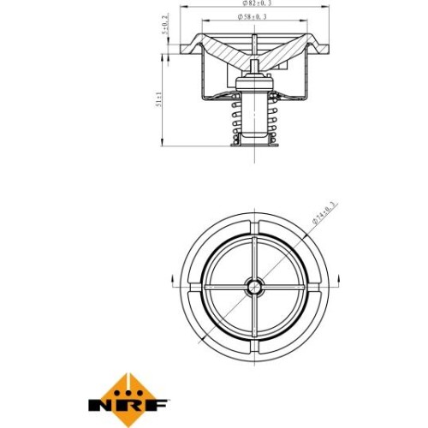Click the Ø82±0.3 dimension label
[257, 3]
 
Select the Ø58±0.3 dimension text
[253, 17]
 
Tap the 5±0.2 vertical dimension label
[165, 24]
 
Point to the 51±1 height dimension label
[158, 100]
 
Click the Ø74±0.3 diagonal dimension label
[324, 213]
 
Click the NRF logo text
[128, 405]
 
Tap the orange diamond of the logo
[128, 400]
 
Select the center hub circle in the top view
[254, 287]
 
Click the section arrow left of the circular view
[172, 282]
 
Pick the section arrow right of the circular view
[339, 282]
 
